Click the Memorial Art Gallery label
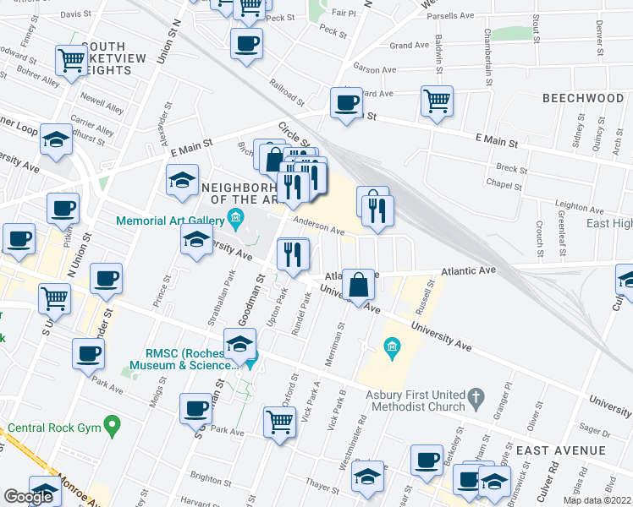click(170, 221)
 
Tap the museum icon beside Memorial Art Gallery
click(236, 221)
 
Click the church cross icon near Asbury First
click(476, 395)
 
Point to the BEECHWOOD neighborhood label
click(583, 98)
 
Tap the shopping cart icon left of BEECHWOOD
click(437, 101)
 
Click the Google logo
click(28, 497)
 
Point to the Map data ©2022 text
click(597, 500)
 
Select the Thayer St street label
click(322, 487)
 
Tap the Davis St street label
click(75, 14)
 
